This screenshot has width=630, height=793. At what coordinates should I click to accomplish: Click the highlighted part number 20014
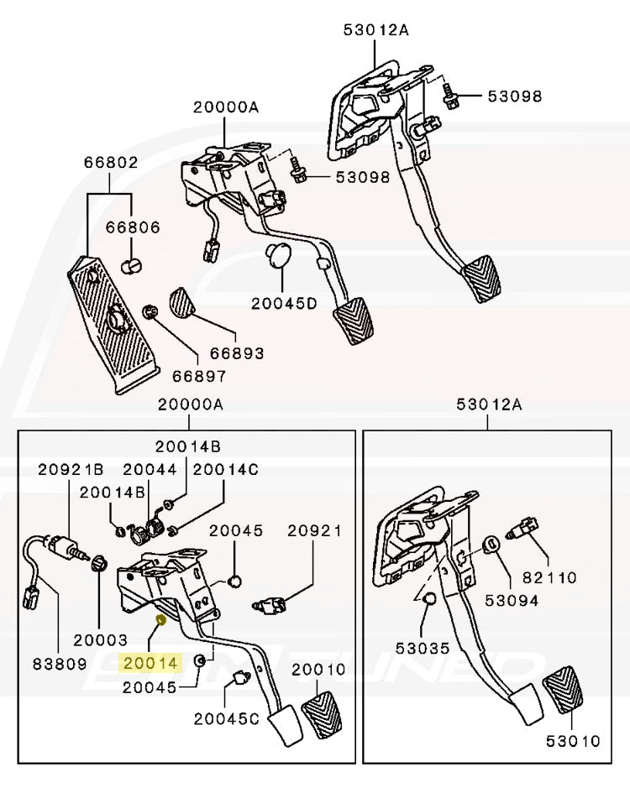pos(151,663)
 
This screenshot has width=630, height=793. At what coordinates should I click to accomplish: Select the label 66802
pos(110,164)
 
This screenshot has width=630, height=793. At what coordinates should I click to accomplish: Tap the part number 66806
pos(133,227)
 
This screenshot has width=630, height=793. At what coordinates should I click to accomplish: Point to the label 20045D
pos(283,304)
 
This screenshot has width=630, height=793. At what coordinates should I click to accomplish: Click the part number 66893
pos(236,353)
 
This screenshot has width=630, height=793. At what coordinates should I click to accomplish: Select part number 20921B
pos(71,470)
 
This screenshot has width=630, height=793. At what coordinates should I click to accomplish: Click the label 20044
pos(150,470)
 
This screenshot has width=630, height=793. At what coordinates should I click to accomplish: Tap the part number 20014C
pos(226,470)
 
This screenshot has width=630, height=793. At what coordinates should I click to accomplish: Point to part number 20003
pos(99,639)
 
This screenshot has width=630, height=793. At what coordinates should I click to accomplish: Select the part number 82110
pos(549,578)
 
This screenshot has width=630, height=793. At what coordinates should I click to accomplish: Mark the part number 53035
pos(423,649)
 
